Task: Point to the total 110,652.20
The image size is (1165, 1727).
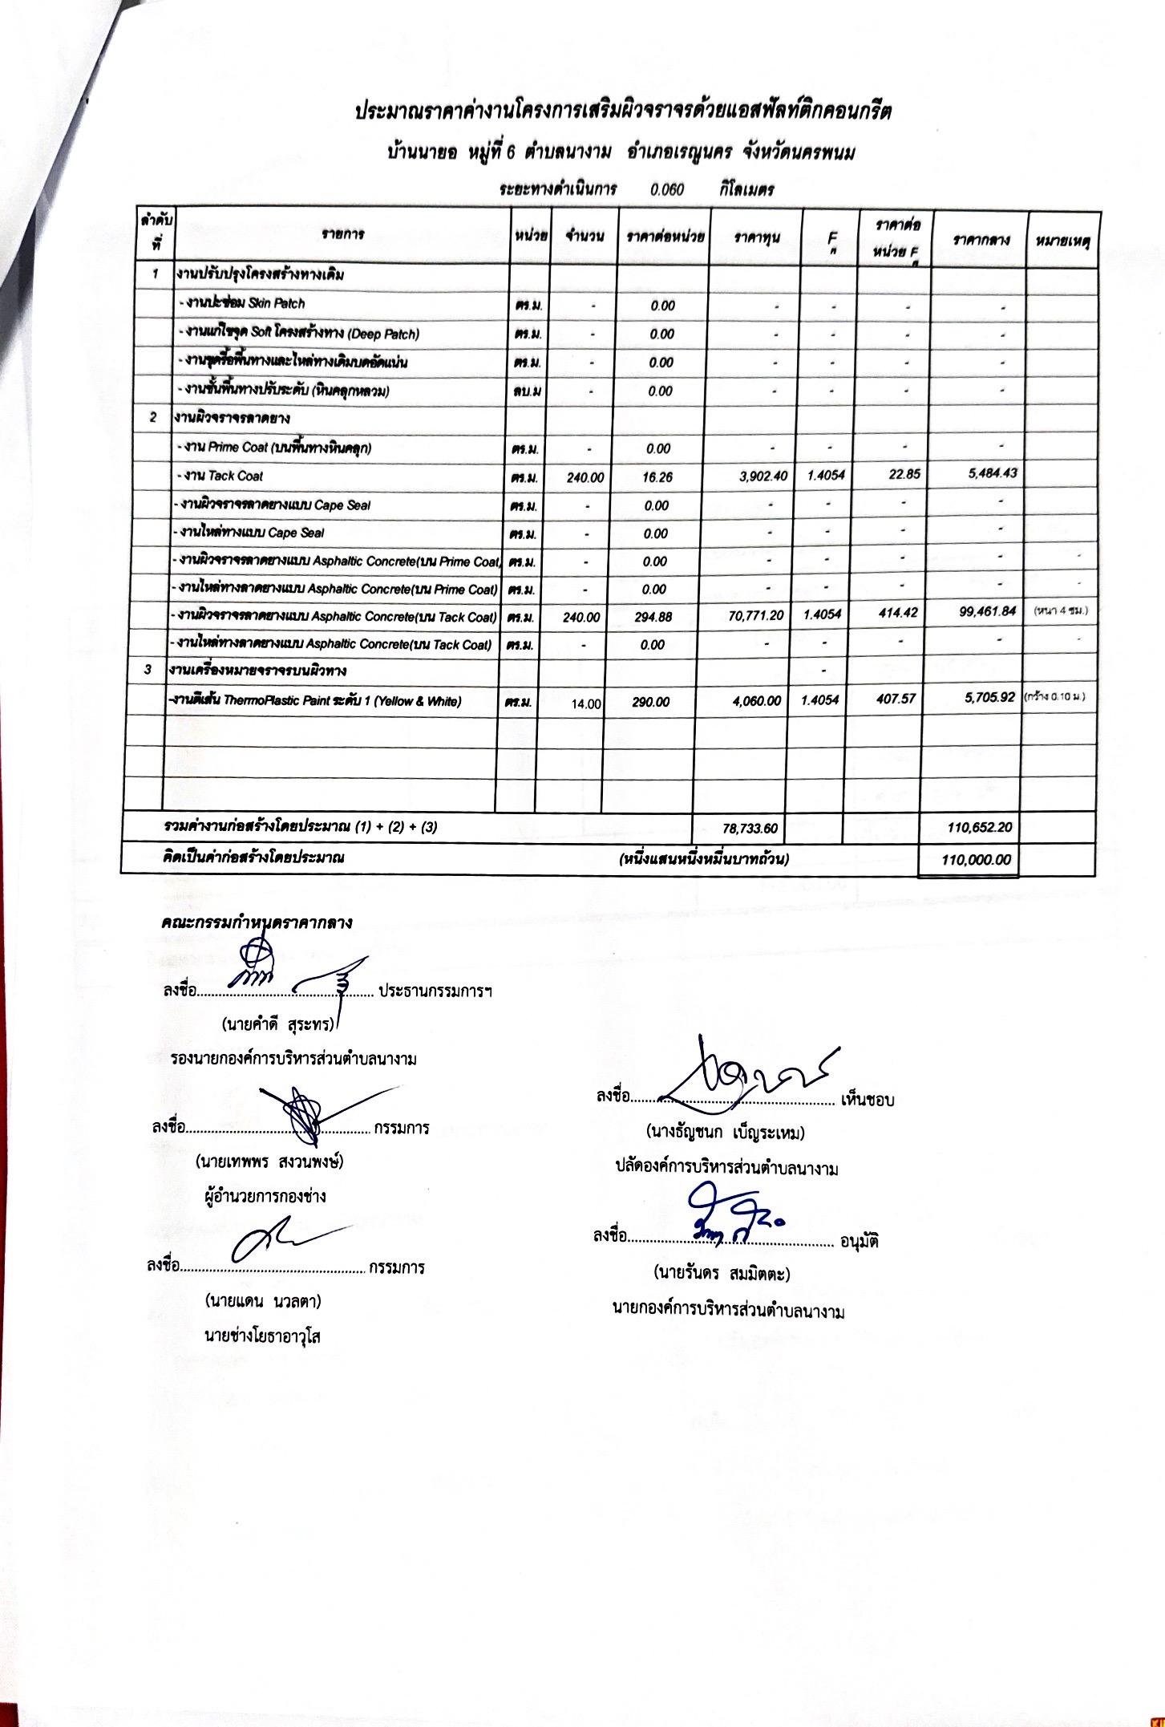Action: coord(977,826)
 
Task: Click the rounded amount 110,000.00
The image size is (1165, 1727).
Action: coord(977,860)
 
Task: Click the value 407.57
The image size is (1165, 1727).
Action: coord(896,699)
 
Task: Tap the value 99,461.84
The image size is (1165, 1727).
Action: coord(987,612)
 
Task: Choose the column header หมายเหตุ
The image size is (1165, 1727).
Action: coord(1062,241)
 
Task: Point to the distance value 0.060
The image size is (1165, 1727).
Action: coord(667,190)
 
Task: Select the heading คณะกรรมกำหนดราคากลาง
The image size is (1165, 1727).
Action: coord(257,922)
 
